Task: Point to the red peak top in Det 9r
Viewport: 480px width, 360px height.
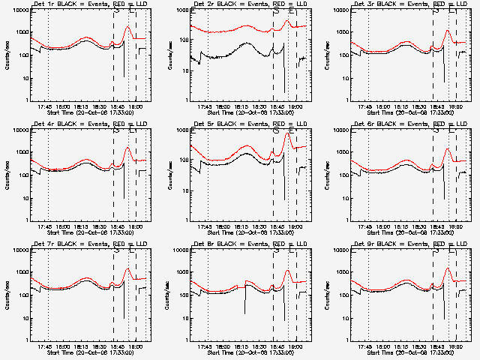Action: [x=448, y=268]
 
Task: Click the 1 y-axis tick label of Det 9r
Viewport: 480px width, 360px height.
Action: [x=343, y=340]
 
